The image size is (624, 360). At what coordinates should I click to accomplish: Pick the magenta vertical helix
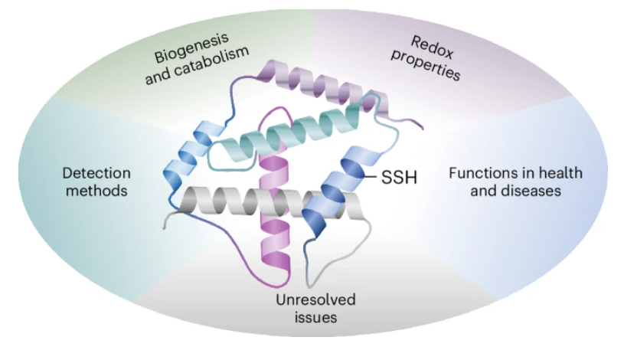click(272, 230)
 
